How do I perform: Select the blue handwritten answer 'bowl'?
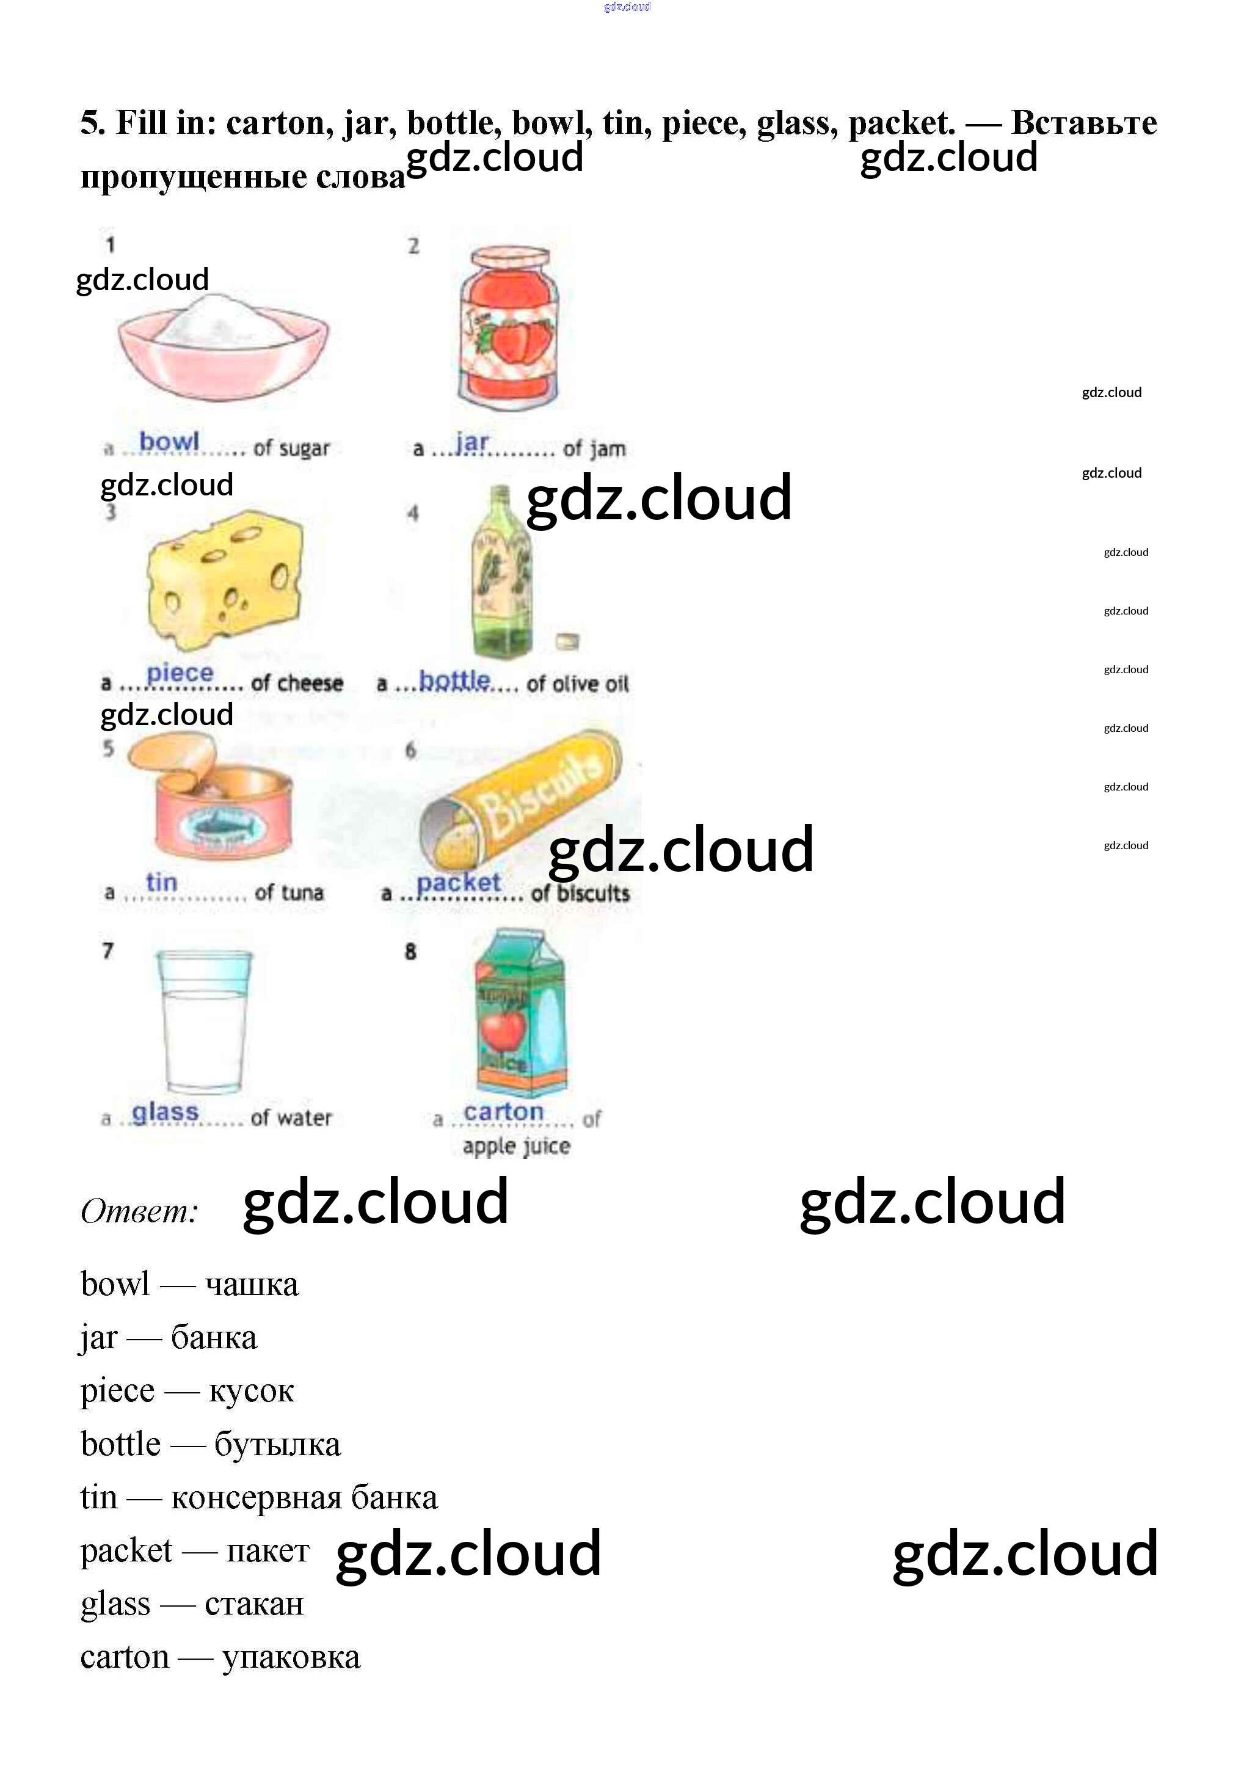[x=169, y=441]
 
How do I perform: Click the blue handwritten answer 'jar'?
[x=471, y=442]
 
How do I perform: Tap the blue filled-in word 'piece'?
[x=180, y=673]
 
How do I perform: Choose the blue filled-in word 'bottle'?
[x=454, y=681]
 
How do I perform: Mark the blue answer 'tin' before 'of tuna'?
[x=162, y=882]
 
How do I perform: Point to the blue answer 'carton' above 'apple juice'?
[x=504, y=1112]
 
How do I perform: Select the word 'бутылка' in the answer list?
[x=277, y=1445]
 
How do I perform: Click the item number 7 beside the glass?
[x=108, y=951]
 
